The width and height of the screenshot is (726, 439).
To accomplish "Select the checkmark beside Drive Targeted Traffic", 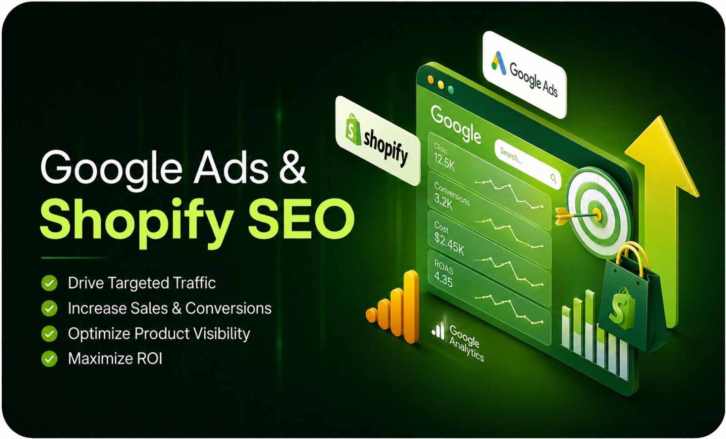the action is pos(49,283).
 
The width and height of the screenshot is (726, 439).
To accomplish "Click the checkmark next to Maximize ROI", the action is pos(49,359).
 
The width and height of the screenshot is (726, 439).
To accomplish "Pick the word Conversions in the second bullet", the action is pos(229,308).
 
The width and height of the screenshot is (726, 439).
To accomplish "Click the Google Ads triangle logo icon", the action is pos(499,63).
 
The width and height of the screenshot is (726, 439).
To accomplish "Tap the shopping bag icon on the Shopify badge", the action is pos(353,129).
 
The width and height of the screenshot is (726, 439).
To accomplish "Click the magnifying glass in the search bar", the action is pos(554,178).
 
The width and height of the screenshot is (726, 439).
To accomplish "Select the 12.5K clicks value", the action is pos(444,162).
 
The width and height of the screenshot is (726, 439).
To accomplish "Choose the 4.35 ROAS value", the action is pos(443,280).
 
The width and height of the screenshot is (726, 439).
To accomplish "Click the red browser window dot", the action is pos(431,80).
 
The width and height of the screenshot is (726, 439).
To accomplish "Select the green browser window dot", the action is pos(451,90).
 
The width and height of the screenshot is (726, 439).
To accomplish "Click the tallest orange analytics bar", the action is pos(411,306).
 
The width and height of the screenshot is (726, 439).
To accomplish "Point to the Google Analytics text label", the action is pos(466,344).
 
